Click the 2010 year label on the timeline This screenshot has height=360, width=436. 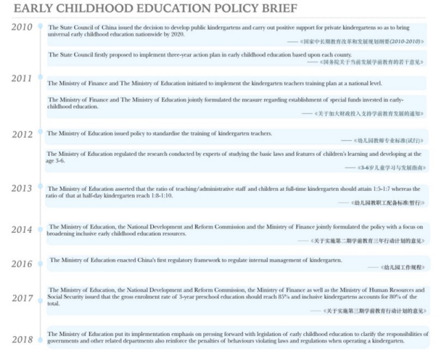point(22,27)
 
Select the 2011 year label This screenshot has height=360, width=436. point(22,78)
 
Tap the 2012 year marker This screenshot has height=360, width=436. point(22,133)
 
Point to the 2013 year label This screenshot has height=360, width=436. point(22,188)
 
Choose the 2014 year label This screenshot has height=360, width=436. point(22,229)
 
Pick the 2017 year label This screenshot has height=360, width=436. point(22,297)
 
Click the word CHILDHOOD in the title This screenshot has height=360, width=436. point(107,8)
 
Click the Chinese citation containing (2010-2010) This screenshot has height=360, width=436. point(360,42)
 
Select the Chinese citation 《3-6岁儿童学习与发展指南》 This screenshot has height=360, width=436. point(389,167)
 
